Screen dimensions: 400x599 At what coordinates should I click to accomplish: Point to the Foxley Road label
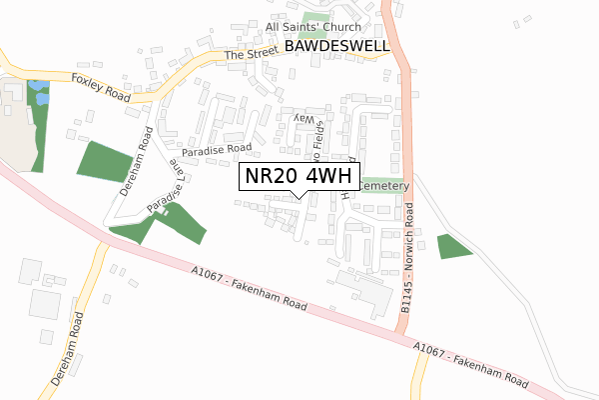pyautogui.click(x=101, y=86)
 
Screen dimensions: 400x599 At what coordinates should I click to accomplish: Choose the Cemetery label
pyautogui.click(x=383, y=186)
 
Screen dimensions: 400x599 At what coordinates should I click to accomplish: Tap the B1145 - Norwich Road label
pyautogui.click(x=407, y=262)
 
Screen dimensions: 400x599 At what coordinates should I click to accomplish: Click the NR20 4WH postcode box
pyautogui.click(x=299, y=176)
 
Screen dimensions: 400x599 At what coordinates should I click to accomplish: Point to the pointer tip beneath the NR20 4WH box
pyautogui.click(x=299, y=195)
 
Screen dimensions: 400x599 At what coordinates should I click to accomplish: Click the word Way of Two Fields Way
pyautogui.click(x=298, y=119)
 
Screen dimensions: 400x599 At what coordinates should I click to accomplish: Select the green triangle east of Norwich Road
pyautogui.click(x=452, y=246)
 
